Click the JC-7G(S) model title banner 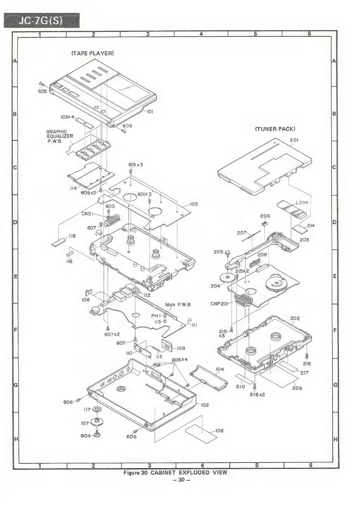coord(41,20)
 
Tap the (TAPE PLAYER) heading coord(92,53)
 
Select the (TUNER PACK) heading coord(275,129)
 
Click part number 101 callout coord(150,112)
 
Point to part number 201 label coord(294,140)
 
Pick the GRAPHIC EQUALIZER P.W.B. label coord(59,136)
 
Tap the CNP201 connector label coord(218,304)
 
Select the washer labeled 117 coord(97,409)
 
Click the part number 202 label coord(295,318)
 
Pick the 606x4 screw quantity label coord(180,359)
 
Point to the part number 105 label coord(194,204)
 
